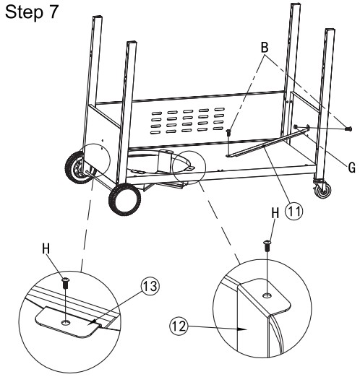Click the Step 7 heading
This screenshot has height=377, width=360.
32,12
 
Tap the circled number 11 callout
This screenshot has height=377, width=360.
293,212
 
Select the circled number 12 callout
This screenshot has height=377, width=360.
179,326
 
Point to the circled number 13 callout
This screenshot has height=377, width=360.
150,286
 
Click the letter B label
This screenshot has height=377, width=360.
265,48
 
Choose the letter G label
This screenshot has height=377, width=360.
352,168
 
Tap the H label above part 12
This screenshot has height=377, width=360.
275,213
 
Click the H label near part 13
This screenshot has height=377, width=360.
46,248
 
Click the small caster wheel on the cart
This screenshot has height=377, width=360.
324,191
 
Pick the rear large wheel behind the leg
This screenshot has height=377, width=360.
77,168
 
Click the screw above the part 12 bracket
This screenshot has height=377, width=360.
267,246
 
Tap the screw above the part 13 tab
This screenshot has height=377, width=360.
66,283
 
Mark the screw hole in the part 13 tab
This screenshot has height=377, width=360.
65,322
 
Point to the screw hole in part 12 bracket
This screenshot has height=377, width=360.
266,295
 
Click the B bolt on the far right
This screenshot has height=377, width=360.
348,129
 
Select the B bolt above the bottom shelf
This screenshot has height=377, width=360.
228,132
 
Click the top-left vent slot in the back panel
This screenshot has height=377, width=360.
156,113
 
